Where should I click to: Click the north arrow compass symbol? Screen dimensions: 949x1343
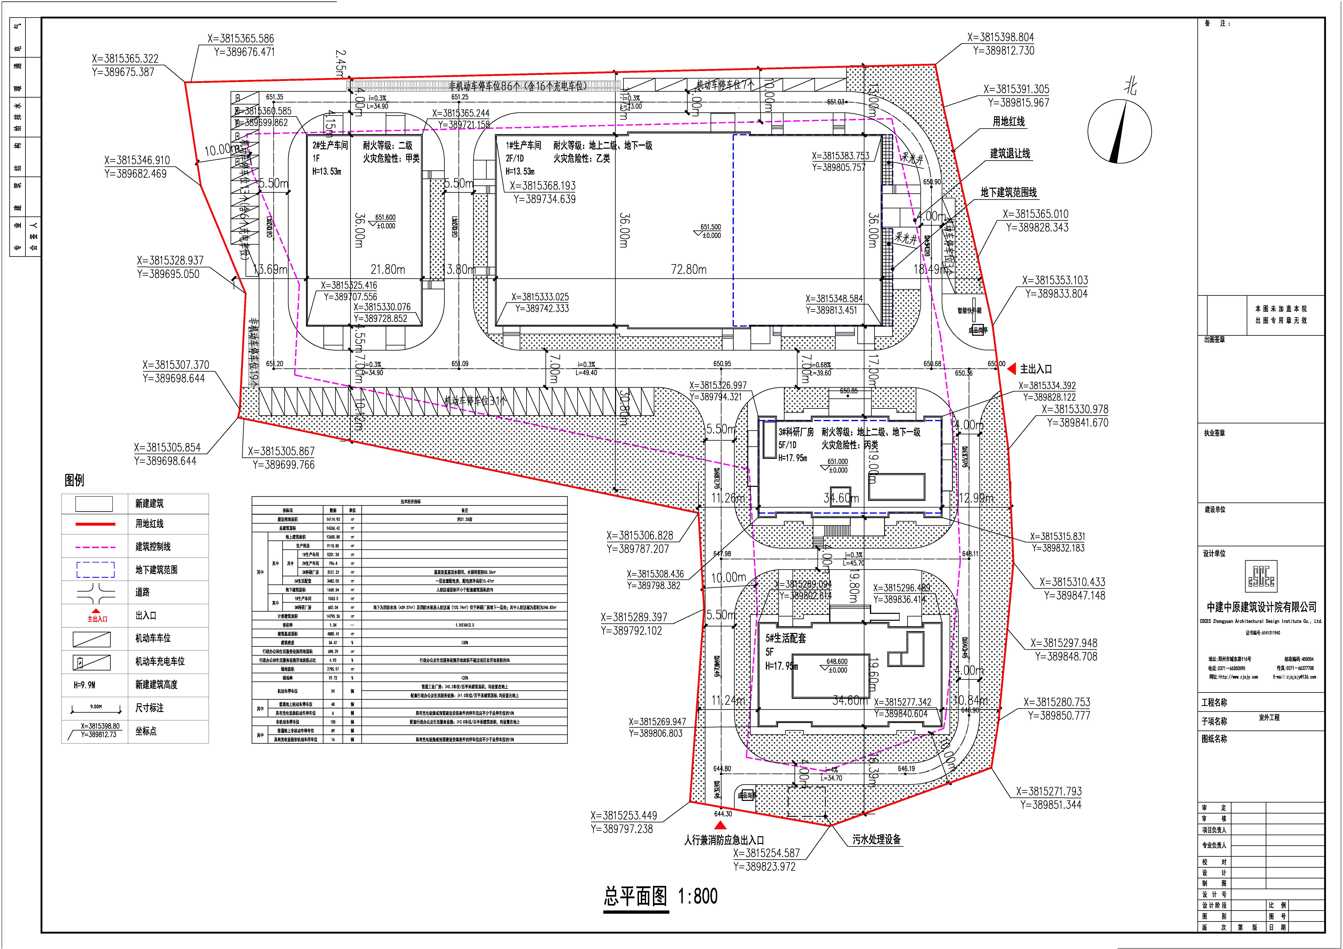(1119, 131)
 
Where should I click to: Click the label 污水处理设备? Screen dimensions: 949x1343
(876, 840)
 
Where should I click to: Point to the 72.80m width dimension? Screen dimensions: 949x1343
(688, 270)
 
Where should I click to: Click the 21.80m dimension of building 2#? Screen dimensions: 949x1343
(388, 270)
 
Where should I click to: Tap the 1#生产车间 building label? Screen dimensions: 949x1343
(524, 145)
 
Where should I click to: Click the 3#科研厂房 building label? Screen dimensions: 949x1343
(795, 432)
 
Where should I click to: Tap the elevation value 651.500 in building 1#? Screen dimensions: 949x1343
(711, 227)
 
